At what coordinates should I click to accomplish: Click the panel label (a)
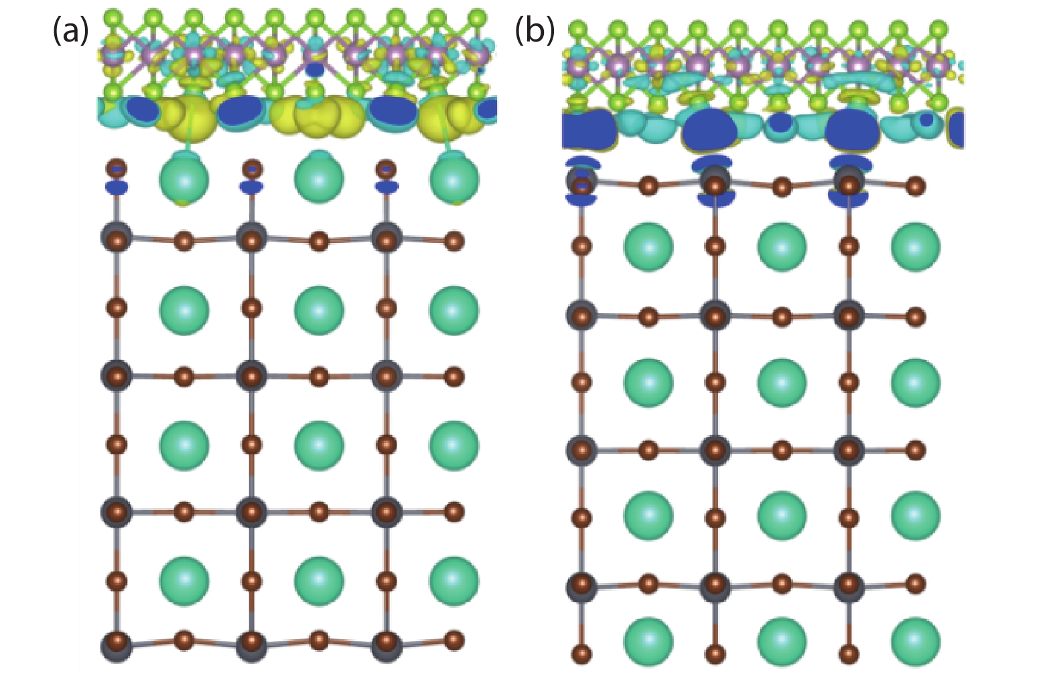(x=70, y=31)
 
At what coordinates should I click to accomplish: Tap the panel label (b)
(x=534, y=31)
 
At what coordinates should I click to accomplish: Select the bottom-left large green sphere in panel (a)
(x=184, y=580)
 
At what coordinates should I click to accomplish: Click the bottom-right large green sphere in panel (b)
(x=915, y=642)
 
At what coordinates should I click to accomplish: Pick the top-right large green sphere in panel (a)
(x=454, y=179)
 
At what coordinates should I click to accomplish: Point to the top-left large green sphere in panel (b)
(x=648, y=247)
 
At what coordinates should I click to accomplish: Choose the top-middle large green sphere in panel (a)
(x=319, y=179)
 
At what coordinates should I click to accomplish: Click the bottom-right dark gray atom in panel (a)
(x=386, y=645)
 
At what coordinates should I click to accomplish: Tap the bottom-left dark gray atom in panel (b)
(x=581, y=587)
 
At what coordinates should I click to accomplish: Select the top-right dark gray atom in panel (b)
(x=849, y=181)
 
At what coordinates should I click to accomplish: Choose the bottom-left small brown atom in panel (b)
(x=581, y=653)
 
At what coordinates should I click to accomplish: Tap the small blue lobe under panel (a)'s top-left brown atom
(x=117, y=188)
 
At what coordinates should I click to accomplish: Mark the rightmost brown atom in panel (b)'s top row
(x=915, y=186)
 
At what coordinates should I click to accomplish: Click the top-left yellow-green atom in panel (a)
(x=113, y=16)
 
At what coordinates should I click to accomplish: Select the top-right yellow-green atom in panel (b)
(x=939, y=29)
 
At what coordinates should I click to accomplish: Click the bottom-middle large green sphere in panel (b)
(x=782, y=642)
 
